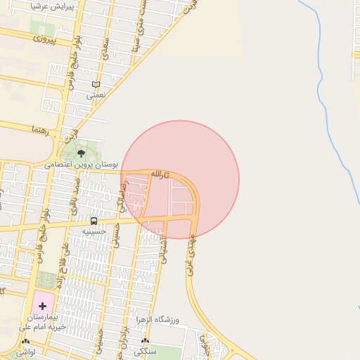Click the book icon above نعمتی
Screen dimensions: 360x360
point(96,84)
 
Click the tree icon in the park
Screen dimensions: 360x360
point(80,151)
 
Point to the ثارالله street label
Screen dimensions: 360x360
point(160,173)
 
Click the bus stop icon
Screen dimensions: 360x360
point(94,221)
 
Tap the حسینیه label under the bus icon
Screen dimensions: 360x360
point(94,231)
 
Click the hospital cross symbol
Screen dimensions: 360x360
point(42,306)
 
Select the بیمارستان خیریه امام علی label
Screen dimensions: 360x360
point(42,323)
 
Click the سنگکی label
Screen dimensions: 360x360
point(145,350)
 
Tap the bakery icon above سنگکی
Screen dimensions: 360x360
point(145,340)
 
